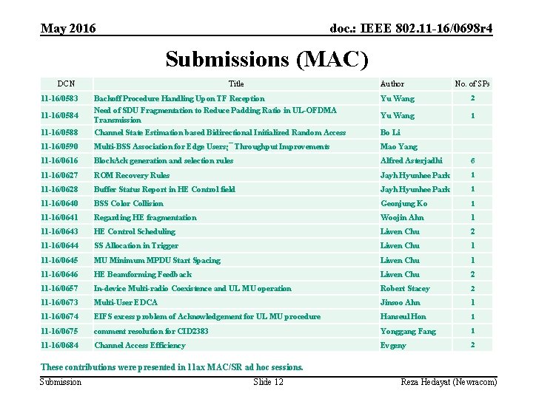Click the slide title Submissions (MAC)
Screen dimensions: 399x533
coord(266,58)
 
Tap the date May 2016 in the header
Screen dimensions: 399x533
coord(68,29)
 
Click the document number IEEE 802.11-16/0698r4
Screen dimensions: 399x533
coord(411,29)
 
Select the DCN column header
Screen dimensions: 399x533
coord(65,84)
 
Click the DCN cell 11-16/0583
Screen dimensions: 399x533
coord(61,98)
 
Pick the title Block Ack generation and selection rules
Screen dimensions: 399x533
coord(163,160)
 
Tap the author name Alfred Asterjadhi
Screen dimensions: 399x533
coord(411,160)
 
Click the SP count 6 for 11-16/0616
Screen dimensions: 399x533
coord(472,160)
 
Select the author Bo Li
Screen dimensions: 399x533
coord(391,132)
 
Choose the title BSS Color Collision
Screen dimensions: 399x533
coord(128,203)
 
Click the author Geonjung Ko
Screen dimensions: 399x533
coord(403,203)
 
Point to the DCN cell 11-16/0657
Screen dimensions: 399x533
coord(61,288)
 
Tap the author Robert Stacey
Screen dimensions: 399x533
coord(405,288)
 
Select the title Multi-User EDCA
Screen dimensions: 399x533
coord(125,302)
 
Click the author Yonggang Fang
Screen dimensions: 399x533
coord(408,331)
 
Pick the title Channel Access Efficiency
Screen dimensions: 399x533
coord(139,345)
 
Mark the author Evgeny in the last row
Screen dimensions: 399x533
coord(393,345)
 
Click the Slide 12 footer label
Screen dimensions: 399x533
coord(268,381)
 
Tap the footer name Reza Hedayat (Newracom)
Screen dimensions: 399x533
coord(449,381)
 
